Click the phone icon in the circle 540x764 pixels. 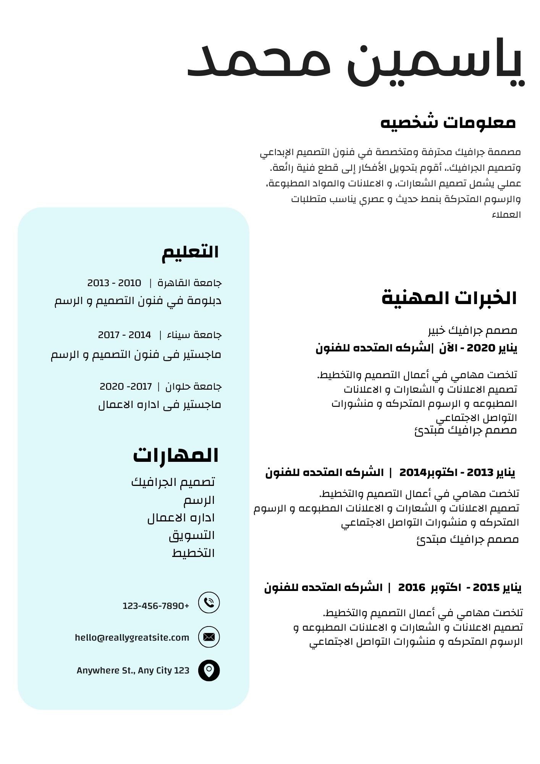pos(209,602)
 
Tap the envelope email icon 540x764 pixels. pos(209,637)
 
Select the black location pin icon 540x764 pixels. pos(209,670)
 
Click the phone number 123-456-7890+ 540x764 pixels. pos(156,606)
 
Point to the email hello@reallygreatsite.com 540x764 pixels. pos(132,637)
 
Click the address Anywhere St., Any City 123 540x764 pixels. pos(133,670)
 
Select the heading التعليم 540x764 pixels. pos(190,252)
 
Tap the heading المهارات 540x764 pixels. pos(176,455)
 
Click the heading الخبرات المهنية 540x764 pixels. pos(449,298)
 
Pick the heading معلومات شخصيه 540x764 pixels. pos(448,123)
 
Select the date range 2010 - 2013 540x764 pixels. pos(114,283)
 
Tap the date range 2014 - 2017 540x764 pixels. pos(124,335)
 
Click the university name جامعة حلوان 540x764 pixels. pos(193,387)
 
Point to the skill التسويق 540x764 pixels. pos(192,536)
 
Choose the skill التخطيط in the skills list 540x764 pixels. pos(193,553)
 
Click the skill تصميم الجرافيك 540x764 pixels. pos(173,482)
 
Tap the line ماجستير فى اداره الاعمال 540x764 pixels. pos(160,405)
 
